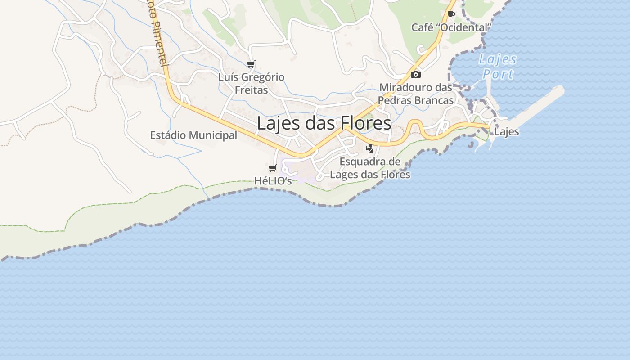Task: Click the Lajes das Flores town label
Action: click(324, 123)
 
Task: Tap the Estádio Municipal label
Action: click(193, 135)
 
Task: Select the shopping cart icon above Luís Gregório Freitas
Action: click(251, 64)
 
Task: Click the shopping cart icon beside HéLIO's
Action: click(272, 168)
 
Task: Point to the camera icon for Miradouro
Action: click(416, 74)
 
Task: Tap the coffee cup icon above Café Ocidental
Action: click(451, 14)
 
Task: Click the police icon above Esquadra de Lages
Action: click(370, 148)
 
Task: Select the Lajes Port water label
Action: click(498, 67)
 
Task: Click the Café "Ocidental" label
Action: click(451, 27)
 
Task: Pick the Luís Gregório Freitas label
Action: click(251, 83)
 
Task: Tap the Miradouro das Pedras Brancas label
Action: click(416, 94)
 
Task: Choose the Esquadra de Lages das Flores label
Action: click(370, 168)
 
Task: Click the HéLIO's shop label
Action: click(273, 181)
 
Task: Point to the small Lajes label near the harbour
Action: click(506, 132)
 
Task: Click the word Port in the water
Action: click(499, 74)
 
